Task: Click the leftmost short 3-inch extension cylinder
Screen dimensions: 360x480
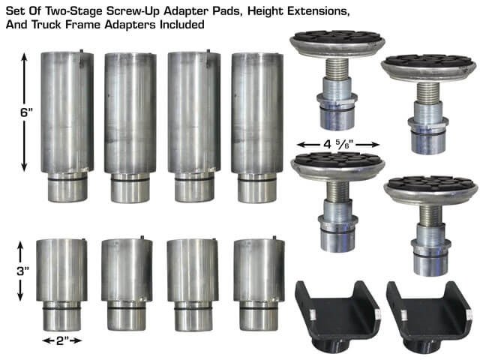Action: click(61, 281)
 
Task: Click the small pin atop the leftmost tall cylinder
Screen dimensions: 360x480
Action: click(80, 52)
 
